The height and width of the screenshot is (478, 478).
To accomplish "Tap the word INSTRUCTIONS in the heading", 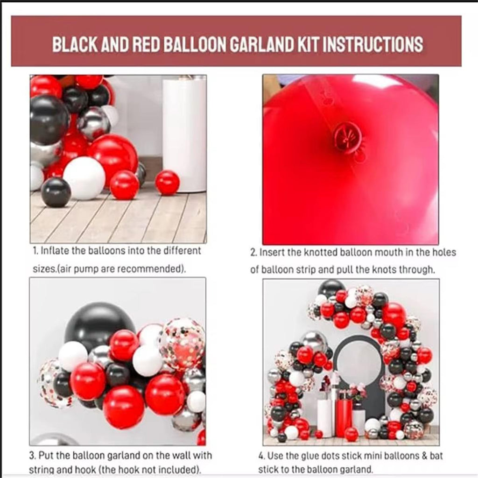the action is tap(373, 44).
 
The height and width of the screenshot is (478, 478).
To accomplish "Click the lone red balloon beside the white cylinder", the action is tap(168, 183).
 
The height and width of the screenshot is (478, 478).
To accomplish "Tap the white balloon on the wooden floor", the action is tap(84, 178).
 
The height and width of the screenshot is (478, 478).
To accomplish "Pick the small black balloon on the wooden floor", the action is tap(56, 192).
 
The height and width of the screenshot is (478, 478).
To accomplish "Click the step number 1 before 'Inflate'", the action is tap(35, 251).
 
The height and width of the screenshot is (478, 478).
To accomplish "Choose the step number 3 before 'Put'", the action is tap(33, 456).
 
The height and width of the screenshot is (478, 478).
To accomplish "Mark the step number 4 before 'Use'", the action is tap(261, 456).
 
